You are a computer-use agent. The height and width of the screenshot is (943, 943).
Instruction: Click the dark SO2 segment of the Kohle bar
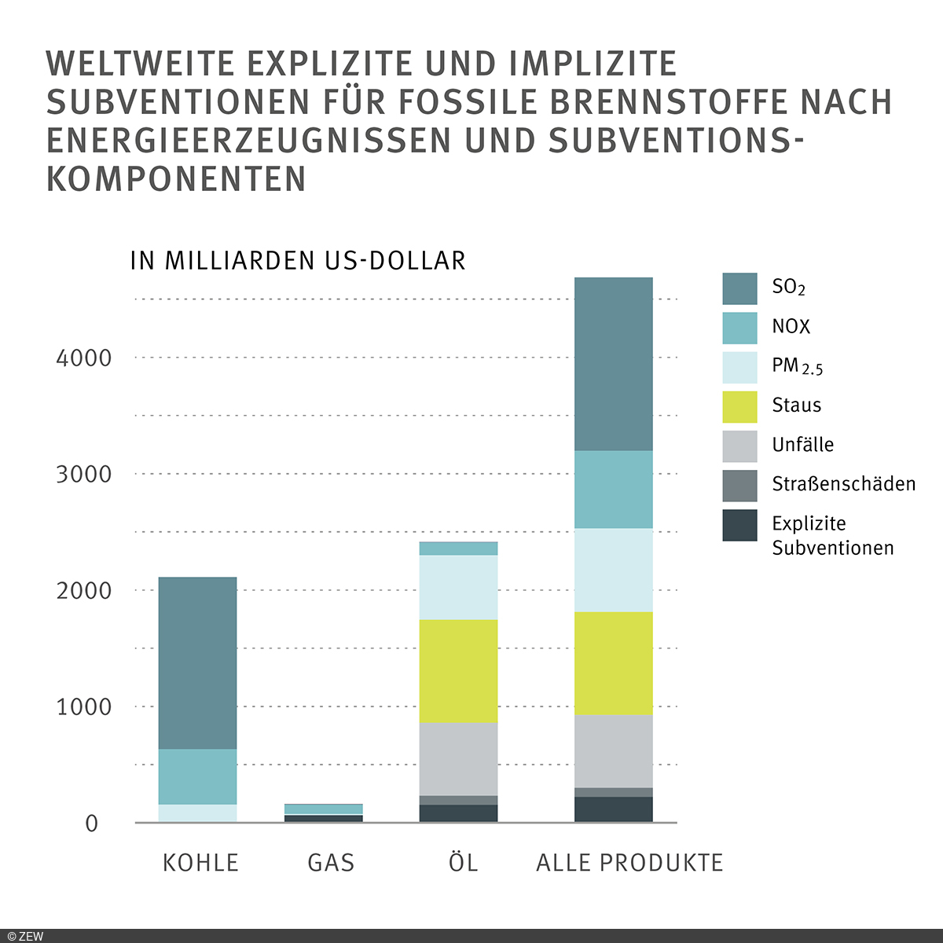[x=197, y=662]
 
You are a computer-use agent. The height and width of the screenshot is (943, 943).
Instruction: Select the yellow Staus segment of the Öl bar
[x=458, y=670]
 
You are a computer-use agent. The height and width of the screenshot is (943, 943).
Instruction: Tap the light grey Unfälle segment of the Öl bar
[x=458, y=758]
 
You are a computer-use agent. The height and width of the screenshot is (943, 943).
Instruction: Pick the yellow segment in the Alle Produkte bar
[x=613, y=662]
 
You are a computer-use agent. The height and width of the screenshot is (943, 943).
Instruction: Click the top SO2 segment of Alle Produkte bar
[x=613, y=364]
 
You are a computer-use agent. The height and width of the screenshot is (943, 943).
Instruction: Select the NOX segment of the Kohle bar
[x=197, y=776]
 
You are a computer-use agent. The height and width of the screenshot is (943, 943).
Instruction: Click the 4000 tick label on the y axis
[x=84, y=358]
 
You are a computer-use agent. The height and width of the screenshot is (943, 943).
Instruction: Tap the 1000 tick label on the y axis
[x=84, y=707]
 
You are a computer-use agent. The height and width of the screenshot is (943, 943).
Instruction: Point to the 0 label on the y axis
[x=92, y=824]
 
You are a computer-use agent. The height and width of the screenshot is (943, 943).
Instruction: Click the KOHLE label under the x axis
[x=200, y=863]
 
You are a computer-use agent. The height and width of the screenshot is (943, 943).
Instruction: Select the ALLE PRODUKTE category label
[x=629, y=863]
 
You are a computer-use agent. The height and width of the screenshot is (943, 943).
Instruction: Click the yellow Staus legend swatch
[x=739, y=406]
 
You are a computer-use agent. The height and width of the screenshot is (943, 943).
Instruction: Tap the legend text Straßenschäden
[x=843, y=484]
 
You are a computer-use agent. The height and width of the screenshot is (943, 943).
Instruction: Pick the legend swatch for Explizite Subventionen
[x=739, y=525]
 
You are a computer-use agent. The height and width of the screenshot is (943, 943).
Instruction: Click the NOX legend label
[x=791, y=327]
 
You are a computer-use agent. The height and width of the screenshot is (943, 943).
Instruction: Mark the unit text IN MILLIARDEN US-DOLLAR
[x=298, y=261]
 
